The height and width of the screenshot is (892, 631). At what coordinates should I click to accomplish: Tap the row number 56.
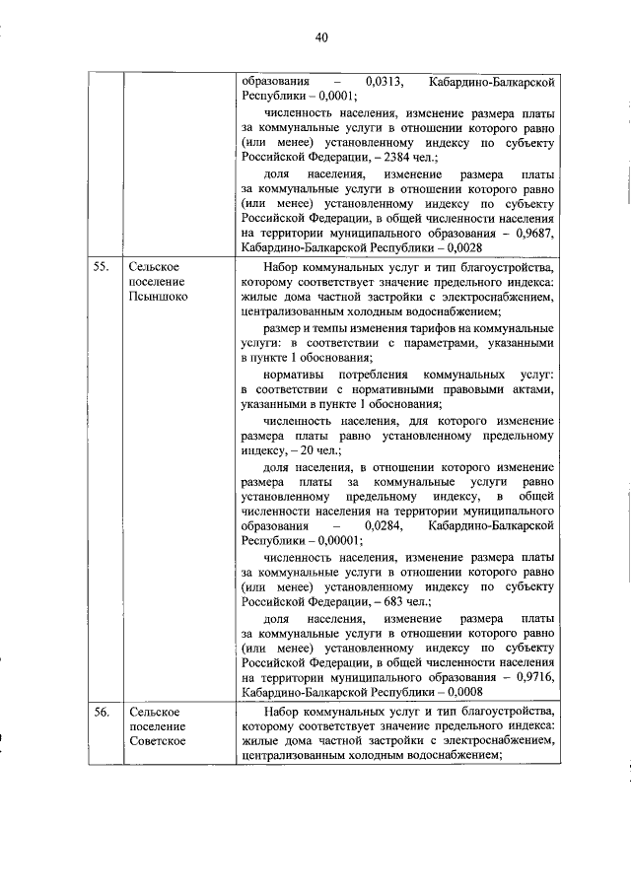(99, 712)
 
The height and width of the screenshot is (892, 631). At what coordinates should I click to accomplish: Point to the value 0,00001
(339, 540)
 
